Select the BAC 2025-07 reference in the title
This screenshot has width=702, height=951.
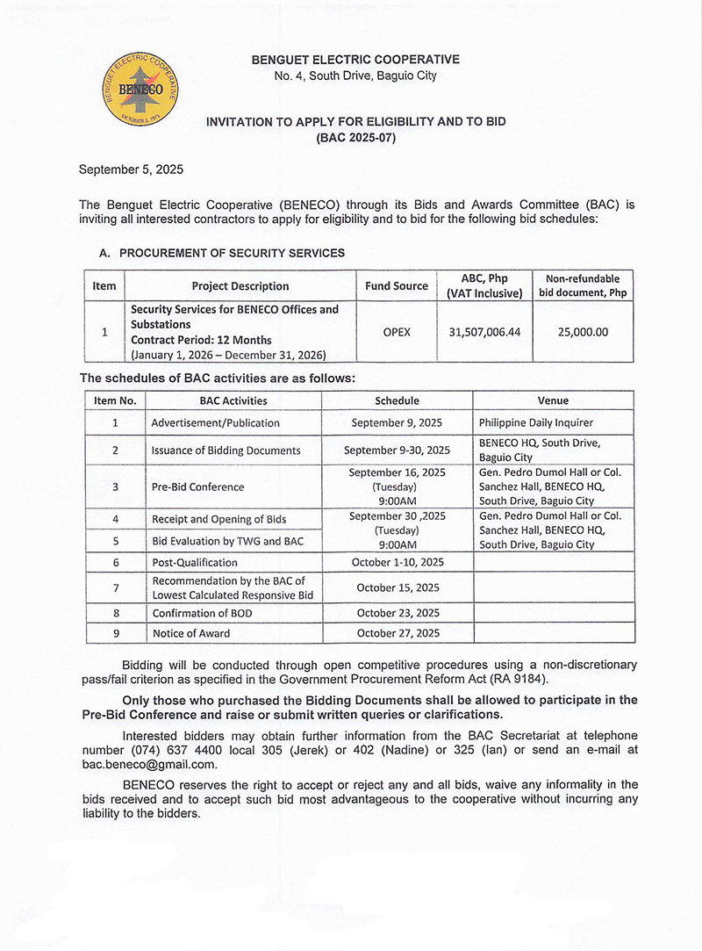coord(355,138)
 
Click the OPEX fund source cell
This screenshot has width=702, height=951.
coord(397,332)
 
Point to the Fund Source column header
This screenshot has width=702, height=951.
coord(397,285)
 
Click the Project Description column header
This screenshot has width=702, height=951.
coord(240,285)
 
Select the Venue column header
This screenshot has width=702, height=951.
coord(553,400)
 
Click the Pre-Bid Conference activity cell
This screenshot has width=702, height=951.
coord(197,486)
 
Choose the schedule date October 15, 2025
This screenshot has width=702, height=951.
coord(398,587)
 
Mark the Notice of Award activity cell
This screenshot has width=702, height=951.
coord(190,633)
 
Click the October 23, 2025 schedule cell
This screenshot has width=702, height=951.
coord(398,613)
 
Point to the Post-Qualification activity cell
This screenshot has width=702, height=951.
coord(194,562)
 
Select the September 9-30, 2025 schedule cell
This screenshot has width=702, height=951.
coord(397,450)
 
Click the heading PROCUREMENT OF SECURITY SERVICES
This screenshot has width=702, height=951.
coord(232,253)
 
